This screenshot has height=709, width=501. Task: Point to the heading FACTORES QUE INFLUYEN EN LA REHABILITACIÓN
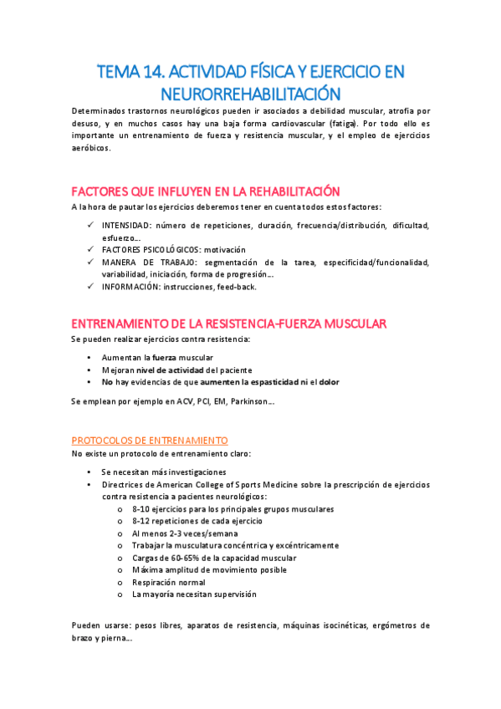tap(206, 191)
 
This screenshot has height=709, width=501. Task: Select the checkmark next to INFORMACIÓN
tap(90, 286)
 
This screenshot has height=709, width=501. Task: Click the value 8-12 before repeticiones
tap(143, 520)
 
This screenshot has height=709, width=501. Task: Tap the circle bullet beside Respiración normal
tap(122, 582)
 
